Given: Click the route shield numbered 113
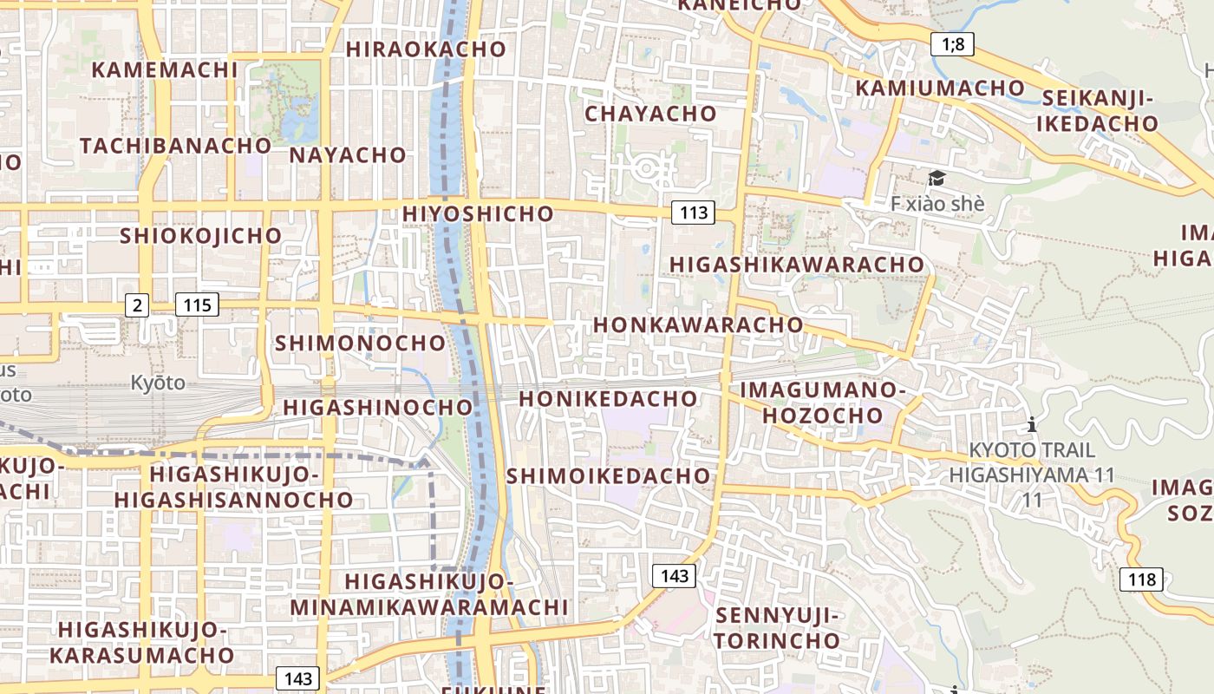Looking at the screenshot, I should point(693,212).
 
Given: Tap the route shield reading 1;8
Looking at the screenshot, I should point(952,43).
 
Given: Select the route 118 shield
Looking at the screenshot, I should point(1140,579).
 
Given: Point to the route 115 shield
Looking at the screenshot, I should point(197,304).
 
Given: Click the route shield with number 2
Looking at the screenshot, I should point(137,304).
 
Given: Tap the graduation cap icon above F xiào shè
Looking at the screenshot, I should point(937,179).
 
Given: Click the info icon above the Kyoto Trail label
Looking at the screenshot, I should point(1032,425).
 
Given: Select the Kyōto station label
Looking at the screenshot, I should point(158,383).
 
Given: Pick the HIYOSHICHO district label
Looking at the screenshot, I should point(478,213).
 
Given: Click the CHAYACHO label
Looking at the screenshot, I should point(650,114).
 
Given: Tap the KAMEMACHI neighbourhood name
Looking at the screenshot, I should point(164,69).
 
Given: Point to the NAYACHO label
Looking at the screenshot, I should point(348,155).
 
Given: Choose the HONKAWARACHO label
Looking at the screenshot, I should point(698,324).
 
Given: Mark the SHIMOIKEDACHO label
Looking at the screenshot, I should point(608,476).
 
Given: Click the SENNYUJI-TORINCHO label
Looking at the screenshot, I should point(777,629).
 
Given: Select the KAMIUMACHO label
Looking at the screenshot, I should point(940,88).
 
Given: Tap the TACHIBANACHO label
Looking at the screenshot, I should point(176,145).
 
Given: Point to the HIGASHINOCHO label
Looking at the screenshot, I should point(378,407).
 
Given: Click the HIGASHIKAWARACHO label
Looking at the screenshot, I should point(797,264).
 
